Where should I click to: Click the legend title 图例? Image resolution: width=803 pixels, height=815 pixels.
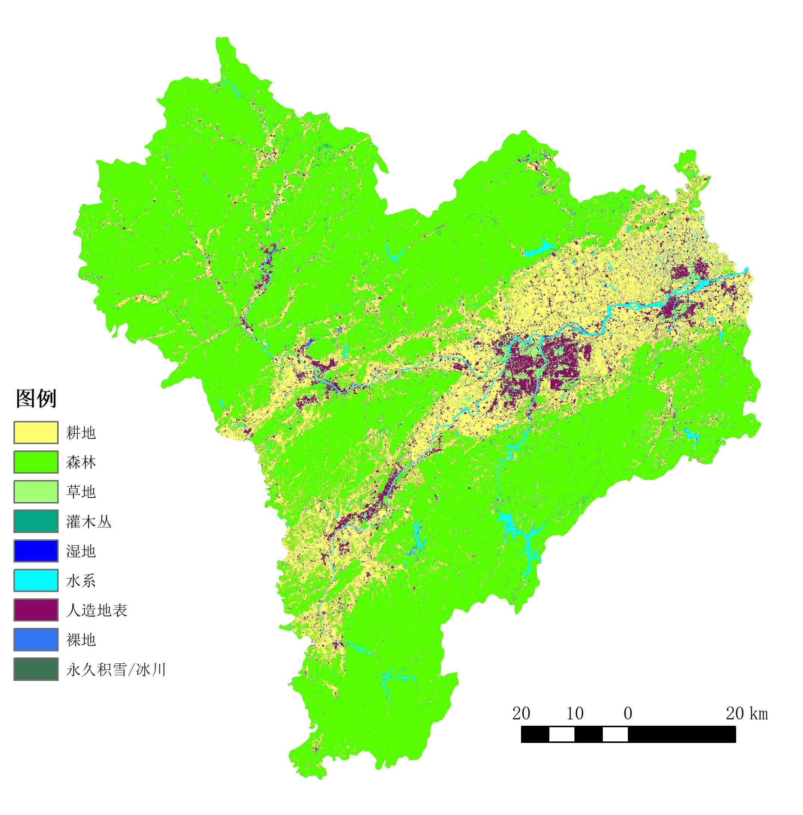point(36,399)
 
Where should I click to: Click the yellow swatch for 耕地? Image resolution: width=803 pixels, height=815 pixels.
point(36,433)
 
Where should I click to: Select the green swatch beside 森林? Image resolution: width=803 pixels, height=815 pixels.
point(36,462)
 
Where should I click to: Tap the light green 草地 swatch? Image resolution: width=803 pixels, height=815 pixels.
point(36,492)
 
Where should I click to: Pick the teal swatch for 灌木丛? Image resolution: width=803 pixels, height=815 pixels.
point(36,521)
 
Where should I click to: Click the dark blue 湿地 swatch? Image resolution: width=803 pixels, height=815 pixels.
point(36,551)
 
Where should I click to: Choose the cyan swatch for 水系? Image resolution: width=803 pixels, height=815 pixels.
point(36,580)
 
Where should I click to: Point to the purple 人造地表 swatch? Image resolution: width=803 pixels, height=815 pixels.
point(36,610)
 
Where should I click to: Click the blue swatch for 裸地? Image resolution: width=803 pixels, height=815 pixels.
point(36,639)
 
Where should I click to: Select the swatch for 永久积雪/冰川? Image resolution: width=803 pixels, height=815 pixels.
point(36,669)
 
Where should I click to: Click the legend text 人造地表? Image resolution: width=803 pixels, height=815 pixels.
point(97,610)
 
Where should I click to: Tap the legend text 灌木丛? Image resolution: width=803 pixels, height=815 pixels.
point(89,522)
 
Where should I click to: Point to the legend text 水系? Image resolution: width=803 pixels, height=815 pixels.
point(81,581)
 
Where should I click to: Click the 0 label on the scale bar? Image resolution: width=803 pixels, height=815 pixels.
point(627,714)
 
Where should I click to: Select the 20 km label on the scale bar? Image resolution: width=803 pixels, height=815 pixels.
point(747,714)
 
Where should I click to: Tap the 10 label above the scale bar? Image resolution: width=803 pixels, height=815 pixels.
point(574,714)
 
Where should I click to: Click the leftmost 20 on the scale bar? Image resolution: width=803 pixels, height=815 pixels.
point(521,714)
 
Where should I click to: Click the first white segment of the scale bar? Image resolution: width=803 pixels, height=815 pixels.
point(561,734)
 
